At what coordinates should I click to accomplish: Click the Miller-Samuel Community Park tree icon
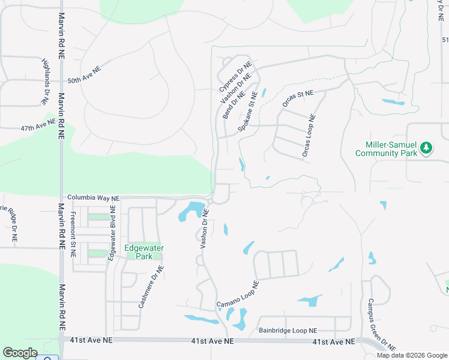point(426,148)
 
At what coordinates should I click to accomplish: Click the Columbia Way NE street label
point(93,197)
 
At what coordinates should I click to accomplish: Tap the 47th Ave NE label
point(37,127)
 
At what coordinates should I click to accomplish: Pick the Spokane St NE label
point(248,112)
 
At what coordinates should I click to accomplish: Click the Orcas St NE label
point(298,98)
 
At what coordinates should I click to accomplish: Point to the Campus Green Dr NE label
point(381,324)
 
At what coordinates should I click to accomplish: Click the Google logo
point(20,353)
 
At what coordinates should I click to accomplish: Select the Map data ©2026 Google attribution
point(411,355)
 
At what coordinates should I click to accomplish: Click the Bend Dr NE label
point(234,105)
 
